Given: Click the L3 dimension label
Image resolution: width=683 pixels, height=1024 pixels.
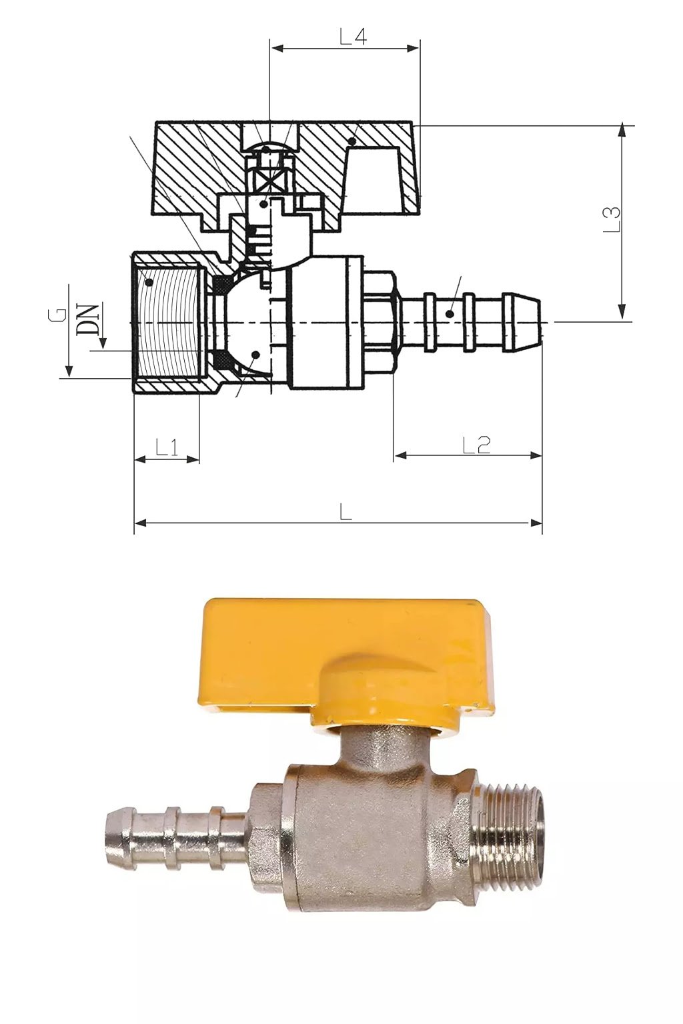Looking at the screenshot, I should point(612,219).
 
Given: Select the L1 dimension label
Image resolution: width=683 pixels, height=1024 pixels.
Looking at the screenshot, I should point(167,447).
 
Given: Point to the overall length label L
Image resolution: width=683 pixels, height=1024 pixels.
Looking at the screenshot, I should point(345,512).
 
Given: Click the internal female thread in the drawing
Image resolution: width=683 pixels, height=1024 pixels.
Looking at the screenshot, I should point(170,323).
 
